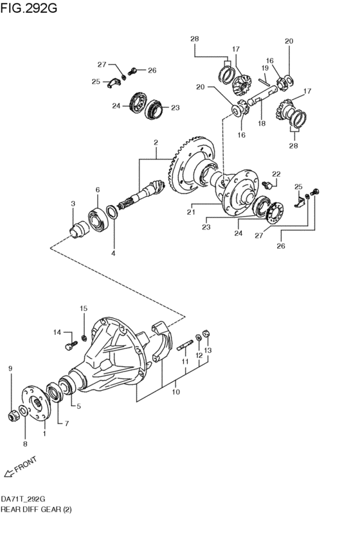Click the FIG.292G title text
(28, 7)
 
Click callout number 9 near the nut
(10, 368)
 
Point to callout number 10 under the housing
(176, 391)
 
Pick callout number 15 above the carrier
(84, 309)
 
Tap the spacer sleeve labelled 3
(79, 229)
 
